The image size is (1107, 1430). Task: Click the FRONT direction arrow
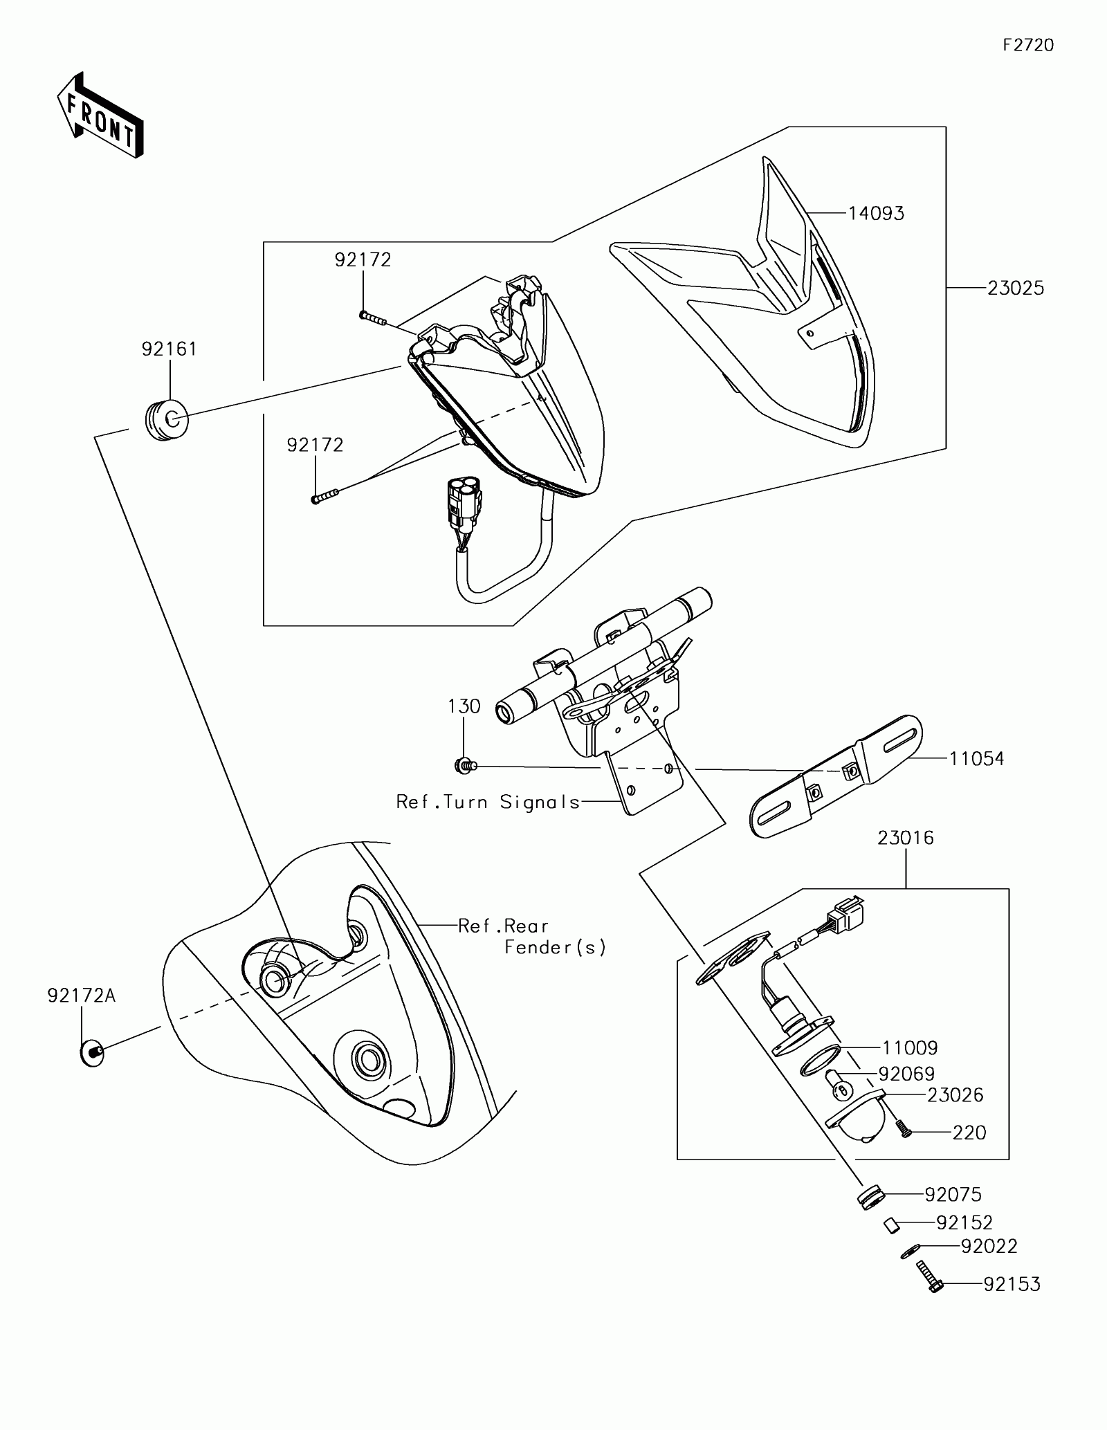click(x=100, y=116)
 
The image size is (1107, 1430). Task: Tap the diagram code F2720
click(x=1028, y=46)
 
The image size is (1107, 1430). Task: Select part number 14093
click(x=876, y=214)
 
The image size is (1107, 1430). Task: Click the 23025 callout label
click(x=1015, y=288)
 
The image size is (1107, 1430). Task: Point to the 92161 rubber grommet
click(x=167, y=419)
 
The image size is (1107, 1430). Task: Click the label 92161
click(x=170, y=349)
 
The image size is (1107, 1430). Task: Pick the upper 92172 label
click(x=363, y=260)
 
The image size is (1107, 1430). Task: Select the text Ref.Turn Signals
click(x=488, y=802)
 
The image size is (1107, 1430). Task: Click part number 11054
click(x=976, y=759)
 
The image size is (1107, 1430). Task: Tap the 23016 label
click(x=905, y=838)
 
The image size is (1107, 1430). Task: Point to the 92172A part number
click(x=82, y=996)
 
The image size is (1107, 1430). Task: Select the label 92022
click(x=989, y=1247)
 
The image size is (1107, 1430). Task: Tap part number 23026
click(x=955, y=1095)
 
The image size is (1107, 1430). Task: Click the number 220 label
click(x=969, y=1133)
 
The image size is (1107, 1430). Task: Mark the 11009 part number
click(x=909, y=1048)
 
